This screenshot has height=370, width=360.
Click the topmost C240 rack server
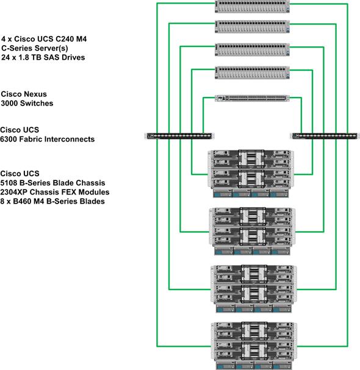point(252,6)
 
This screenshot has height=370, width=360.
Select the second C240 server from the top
point(252,27)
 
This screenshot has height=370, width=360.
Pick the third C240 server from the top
point(252,49)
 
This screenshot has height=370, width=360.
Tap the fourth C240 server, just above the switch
point(252,73)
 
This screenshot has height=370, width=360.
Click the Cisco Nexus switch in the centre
point(252,98)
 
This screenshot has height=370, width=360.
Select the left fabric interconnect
point(179,136)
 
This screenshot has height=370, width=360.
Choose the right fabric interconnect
point(325,136)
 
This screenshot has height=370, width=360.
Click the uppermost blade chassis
point(251,174)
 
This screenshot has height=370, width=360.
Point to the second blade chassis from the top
point(252,231)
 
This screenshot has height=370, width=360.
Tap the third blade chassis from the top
point(254,289)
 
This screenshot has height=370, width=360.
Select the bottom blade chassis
point(254,346)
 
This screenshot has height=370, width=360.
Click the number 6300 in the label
point(9,139)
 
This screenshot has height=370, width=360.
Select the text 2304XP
point(14,192)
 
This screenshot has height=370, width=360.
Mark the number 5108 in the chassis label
point(9,183)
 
